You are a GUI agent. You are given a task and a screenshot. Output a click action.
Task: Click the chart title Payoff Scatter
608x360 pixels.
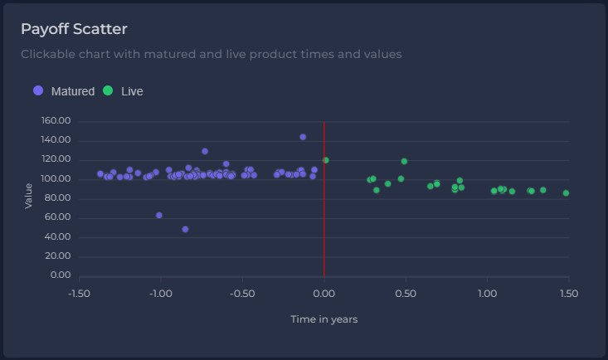[x=74, y=29]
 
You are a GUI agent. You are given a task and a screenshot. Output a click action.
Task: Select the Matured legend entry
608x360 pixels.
[x=64, y=91]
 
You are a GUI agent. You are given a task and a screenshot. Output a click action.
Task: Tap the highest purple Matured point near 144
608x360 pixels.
[x=303, y=137]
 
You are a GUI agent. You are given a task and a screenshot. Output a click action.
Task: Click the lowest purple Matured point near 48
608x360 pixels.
[x=185, y=229]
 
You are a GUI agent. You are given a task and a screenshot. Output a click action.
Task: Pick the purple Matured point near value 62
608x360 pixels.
[x=159, y=216]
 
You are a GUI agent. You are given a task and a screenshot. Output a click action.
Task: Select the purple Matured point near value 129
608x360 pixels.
[x=205, y=151]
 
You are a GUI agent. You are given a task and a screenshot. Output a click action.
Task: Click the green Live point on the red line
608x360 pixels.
[x=326, y=160]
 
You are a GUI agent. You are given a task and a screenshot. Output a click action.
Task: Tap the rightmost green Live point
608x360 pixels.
[x=566, y=193]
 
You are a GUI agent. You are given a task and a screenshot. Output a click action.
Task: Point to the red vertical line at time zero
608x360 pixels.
[x=323, y=232]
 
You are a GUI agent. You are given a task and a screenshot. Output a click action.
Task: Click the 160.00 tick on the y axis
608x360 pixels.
[x=56, y=121]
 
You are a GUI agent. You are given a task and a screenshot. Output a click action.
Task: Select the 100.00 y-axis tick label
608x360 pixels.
[x=56, y=179]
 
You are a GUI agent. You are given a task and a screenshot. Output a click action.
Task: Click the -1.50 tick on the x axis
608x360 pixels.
[x=79, y=293]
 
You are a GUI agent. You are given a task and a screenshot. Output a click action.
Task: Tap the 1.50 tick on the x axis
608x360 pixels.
[x=568, y=293]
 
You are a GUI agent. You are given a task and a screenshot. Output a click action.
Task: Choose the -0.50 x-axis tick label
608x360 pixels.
[x=241, y=293]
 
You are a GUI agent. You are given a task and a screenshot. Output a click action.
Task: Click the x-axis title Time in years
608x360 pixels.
[x=323, y=319]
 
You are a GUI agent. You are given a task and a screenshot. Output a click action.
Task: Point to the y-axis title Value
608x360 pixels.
[x=29, y=196]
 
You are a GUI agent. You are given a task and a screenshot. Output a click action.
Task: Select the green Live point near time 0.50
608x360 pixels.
[x=404, y=161]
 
